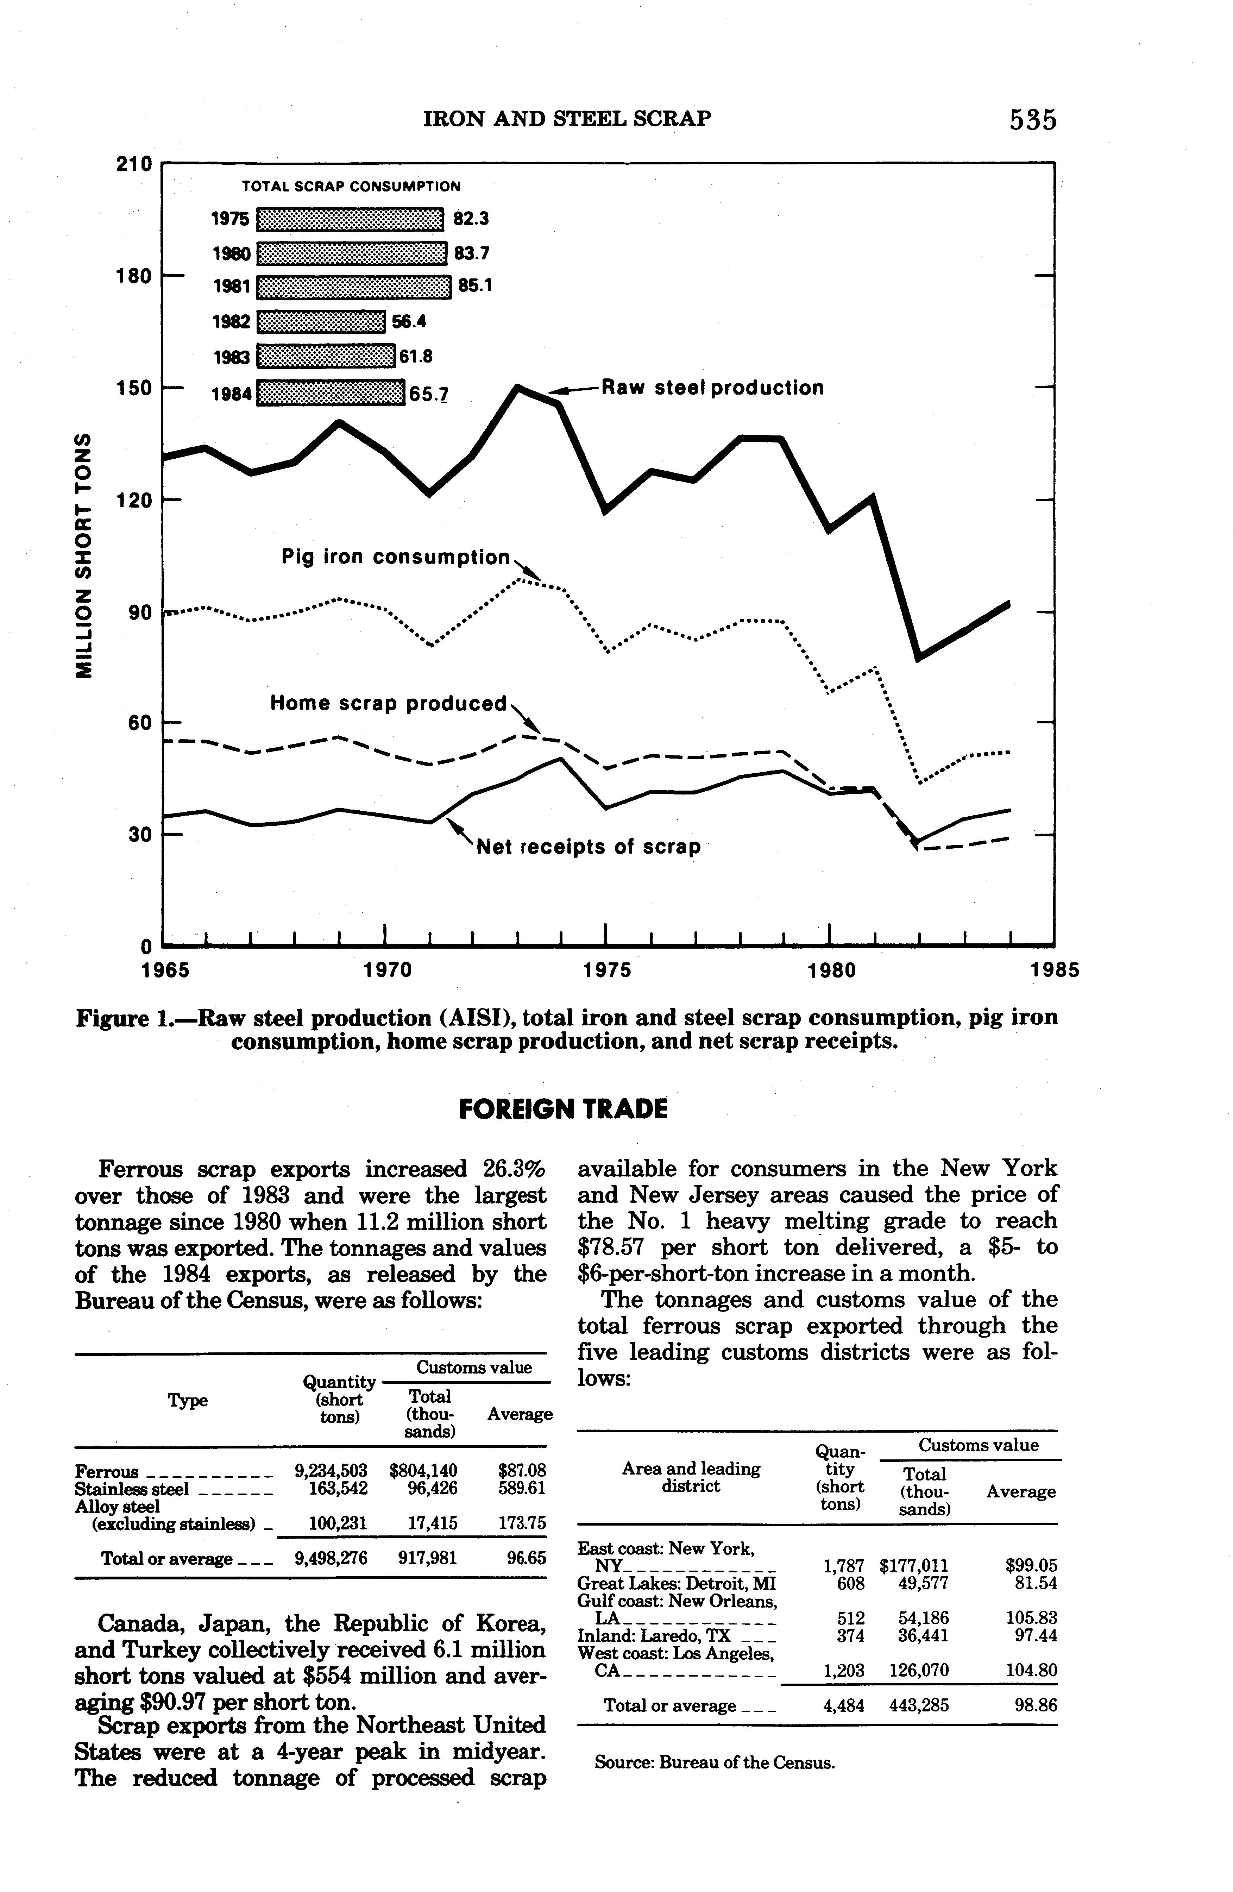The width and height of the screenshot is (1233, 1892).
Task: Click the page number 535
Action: coord(1033,119)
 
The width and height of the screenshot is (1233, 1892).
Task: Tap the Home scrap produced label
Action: coord(389,704)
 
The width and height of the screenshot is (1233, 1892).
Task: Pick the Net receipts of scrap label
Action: coord(587,847)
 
